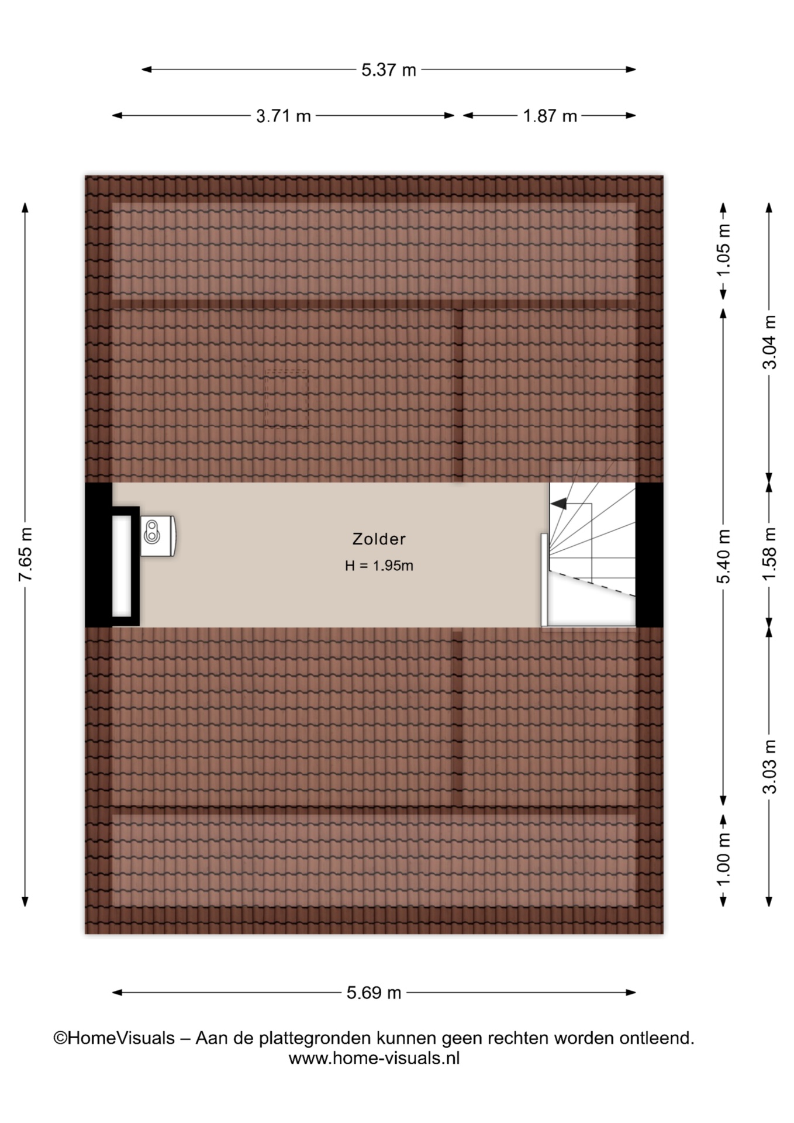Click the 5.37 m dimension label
pos(388,70)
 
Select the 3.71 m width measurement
pos(283,116)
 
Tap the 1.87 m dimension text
pos(550,116)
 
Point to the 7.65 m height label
pos(25,554)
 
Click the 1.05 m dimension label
pos(723,250)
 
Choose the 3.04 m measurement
pos(769,342)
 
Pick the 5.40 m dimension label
pos(723,556)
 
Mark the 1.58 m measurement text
pos(769,554)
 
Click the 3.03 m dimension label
pos(769,766)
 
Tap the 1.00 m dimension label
pos(723,860)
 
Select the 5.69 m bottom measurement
pos(374,993)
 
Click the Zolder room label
pos(379,539)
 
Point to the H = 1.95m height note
pos(379,566)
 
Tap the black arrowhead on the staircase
pos(559,503)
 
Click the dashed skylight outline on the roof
pos(286,398)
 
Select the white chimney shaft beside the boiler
pos(122,566)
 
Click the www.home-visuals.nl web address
pos(374,1057)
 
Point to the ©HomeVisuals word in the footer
pos(114,1038)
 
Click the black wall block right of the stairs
pos(650,554)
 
